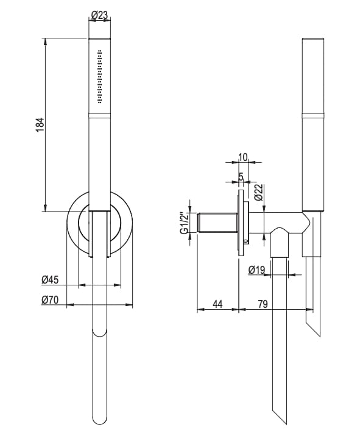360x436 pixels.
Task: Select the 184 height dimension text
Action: [40, 124]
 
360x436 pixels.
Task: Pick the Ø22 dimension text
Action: [258, 193]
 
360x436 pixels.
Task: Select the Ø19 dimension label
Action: [258, 269]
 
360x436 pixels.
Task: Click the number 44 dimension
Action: [217, 304]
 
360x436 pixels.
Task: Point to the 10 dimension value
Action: [242, 157]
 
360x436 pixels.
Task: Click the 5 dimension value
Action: [241, 177]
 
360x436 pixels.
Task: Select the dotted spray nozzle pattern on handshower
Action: [100, 77]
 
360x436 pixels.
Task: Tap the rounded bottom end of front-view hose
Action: [100, 334]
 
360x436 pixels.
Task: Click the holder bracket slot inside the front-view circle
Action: [100, 232]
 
